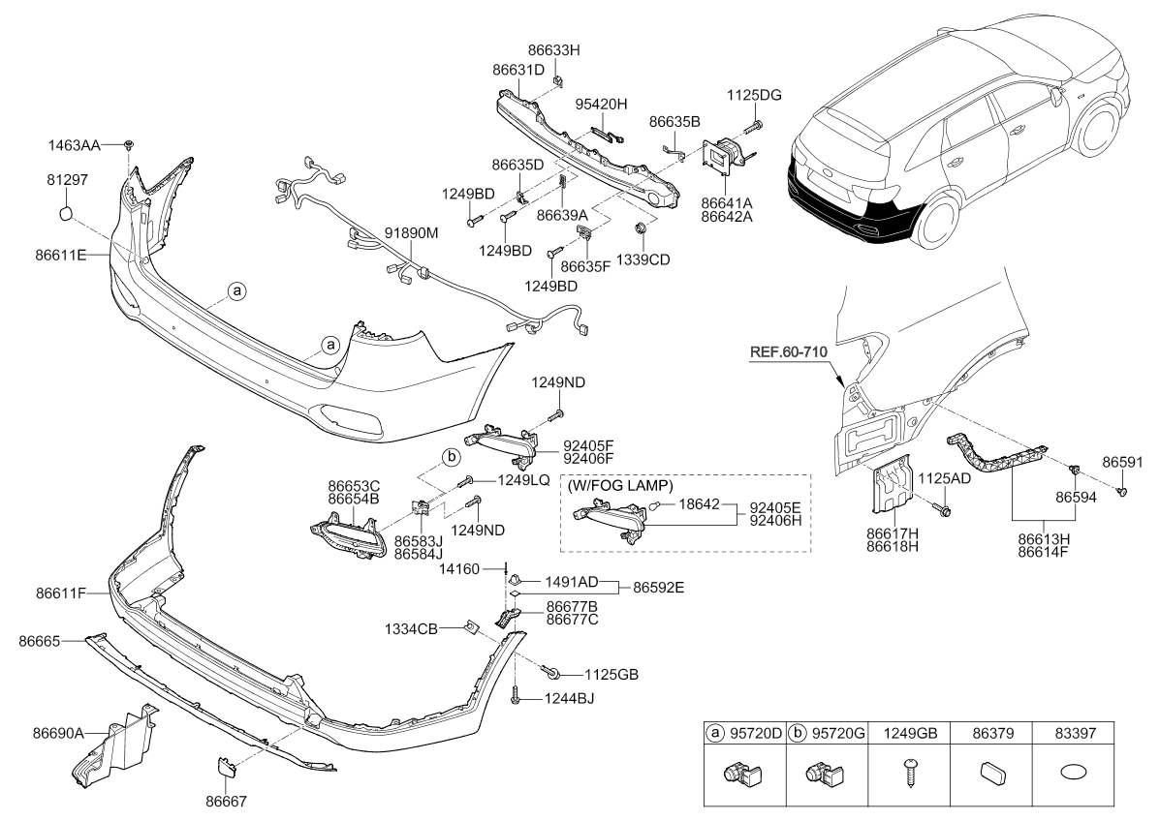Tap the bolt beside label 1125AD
tap(945, 509)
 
